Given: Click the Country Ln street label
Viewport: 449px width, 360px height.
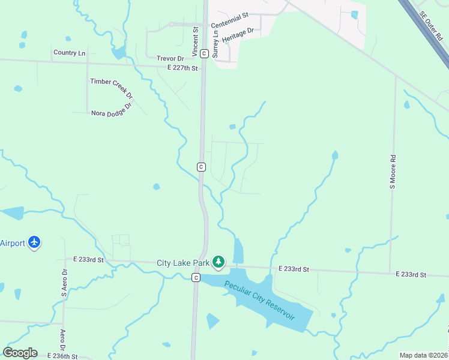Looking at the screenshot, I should click(x=69, y=53).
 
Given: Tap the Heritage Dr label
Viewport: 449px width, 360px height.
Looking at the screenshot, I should click(x=238, y=34).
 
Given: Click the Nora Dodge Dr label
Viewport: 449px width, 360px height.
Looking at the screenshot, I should click(x=111, y=113).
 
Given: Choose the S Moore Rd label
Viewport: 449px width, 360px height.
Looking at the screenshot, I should click(x=393, y=172).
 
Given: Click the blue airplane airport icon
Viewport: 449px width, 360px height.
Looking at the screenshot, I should click(x=34, y=242).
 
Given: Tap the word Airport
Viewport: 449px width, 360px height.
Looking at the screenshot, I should click(x=13, y=243).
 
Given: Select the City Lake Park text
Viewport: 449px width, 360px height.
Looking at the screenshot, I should click(x=182, y=263).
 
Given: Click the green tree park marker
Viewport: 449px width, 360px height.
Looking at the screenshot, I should click(x=218, y=262).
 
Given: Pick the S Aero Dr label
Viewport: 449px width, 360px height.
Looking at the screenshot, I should click(x=64, y=283).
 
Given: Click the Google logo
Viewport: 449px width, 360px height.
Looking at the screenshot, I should click(x=20, y=353).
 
